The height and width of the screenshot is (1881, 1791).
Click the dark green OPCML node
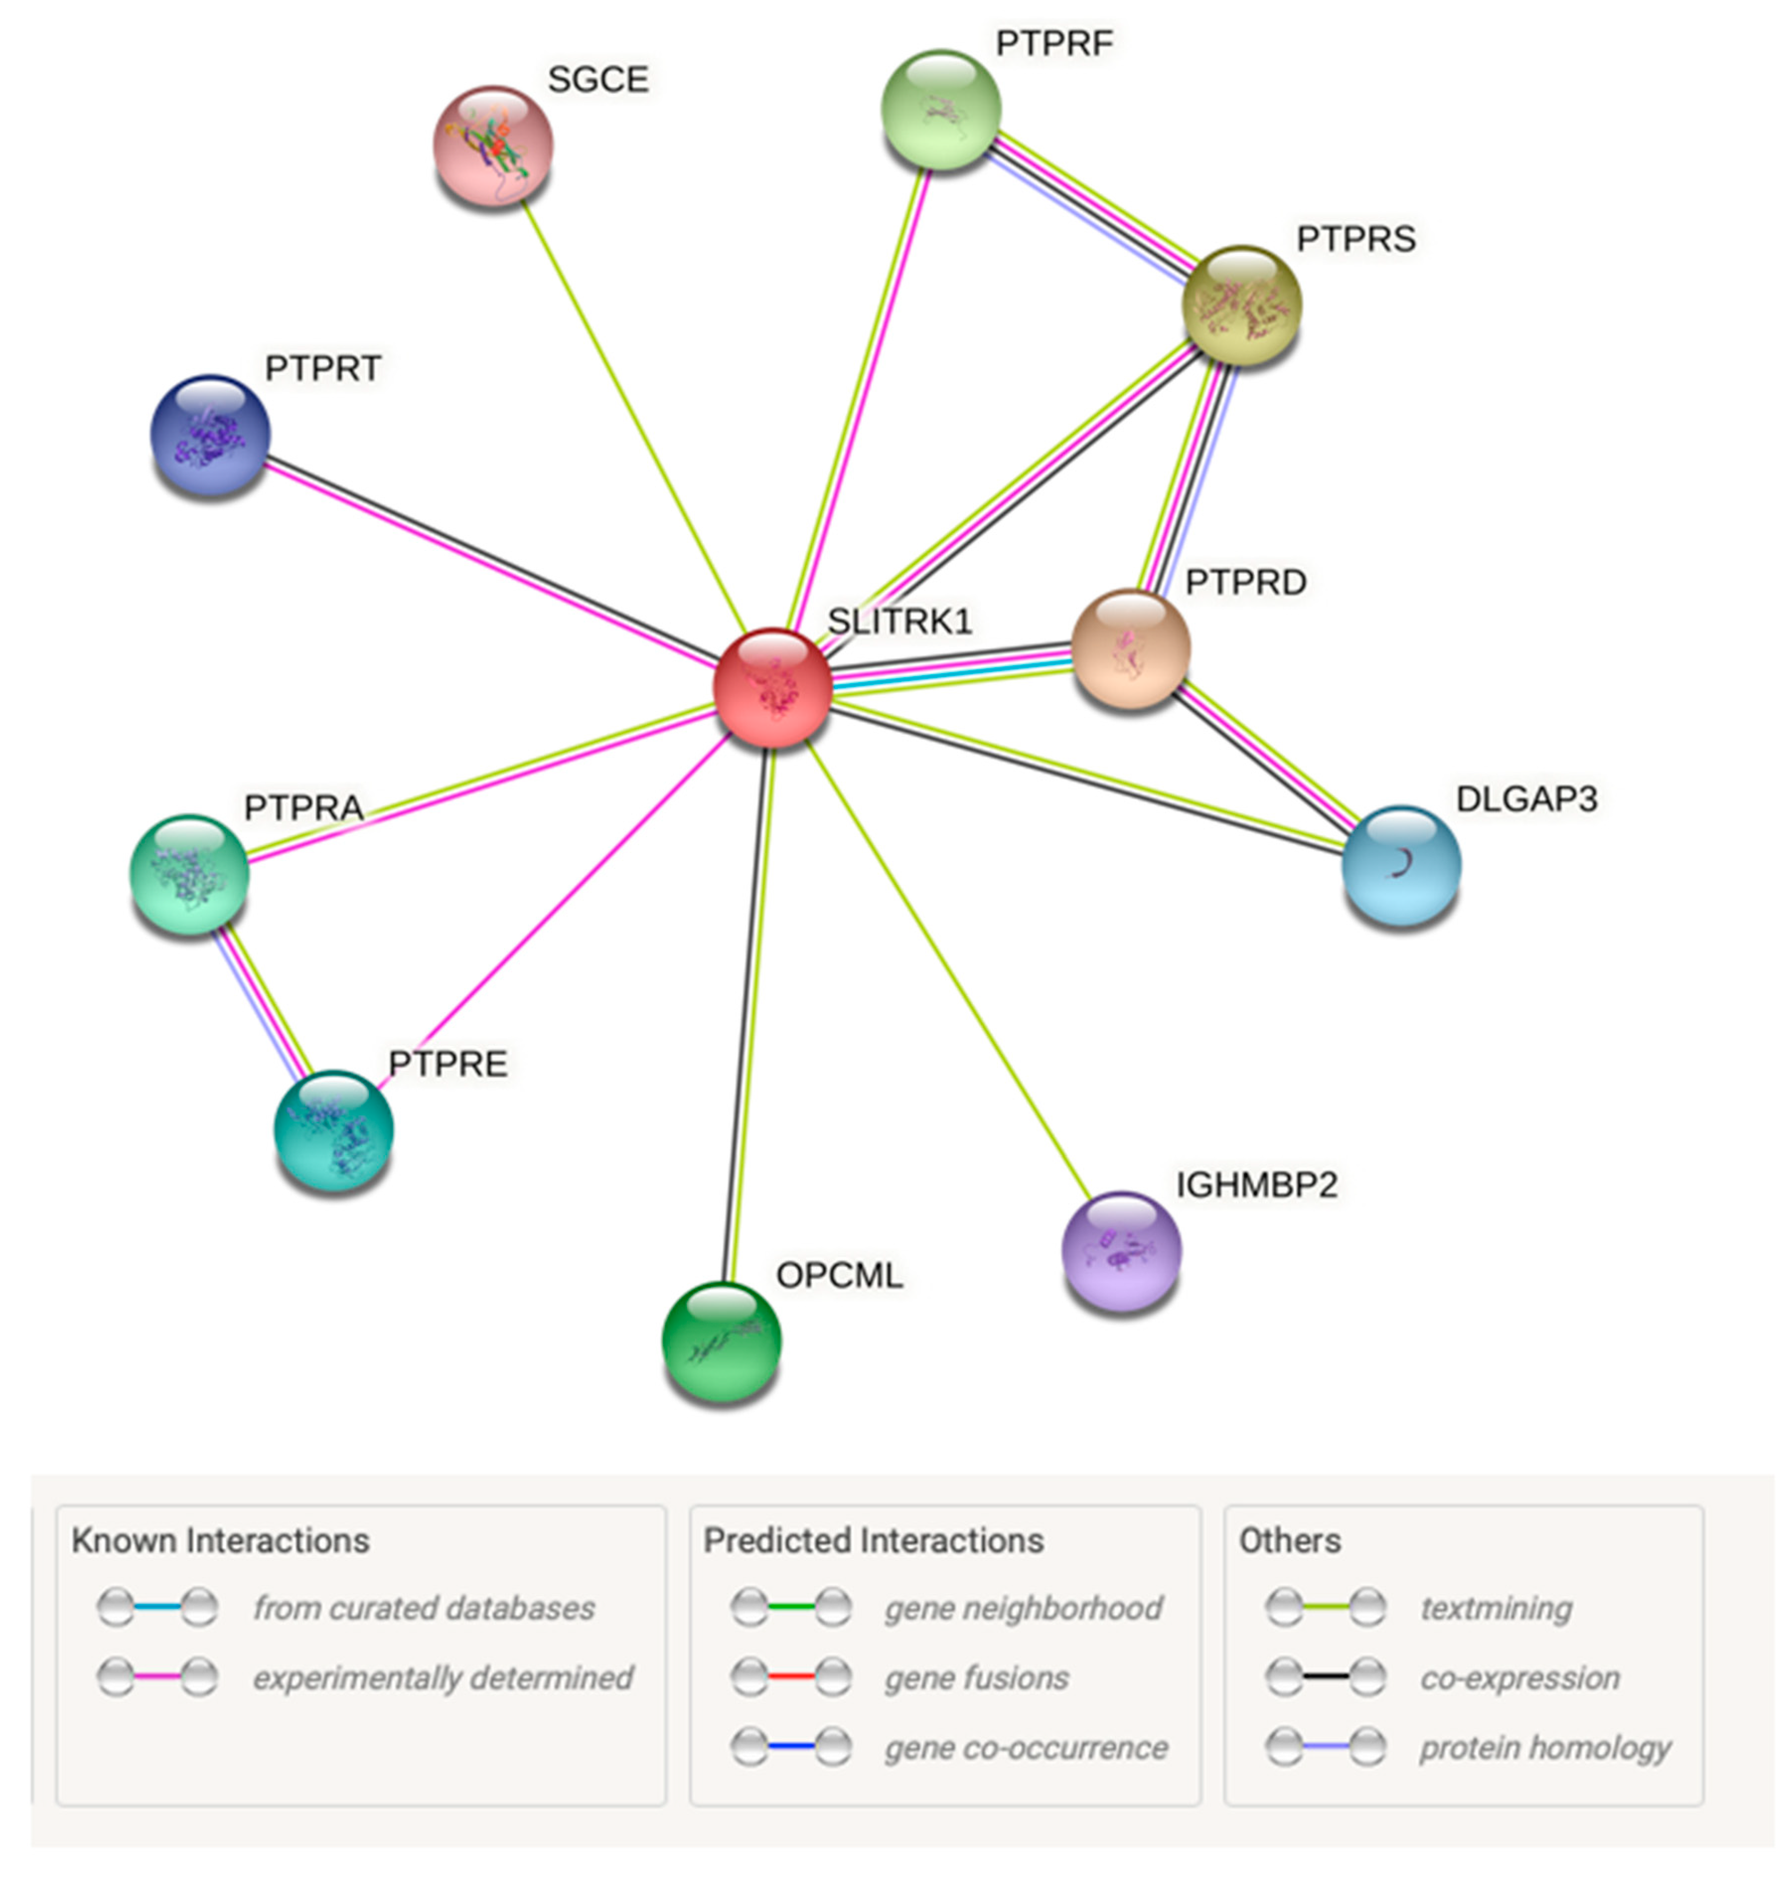(x=722, y=1341)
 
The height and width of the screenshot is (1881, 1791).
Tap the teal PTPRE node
(x=333, y=1130)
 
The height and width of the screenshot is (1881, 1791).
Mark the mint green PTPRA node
(x=189, y=873)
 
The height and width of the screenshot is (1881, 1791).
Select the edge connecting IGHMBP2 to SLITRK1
(x=950, y=969)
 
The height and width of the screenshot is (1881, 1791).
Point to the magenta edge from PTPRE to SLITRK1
(x=554, y=912)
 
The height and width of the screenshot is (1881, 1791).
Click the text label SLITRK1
(x=899, y=622)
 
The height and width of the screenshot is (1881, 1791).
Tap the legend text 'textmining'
(x=1495, y=1608)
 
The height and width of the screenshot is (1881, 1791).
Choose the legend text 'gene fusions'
(x=975, y=1678)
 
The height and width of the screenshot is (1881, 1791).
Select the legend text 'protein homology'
(x=1544, y=1747)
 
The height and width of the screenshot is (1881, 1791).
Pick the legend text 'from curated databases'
(x=424, y=1608)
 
